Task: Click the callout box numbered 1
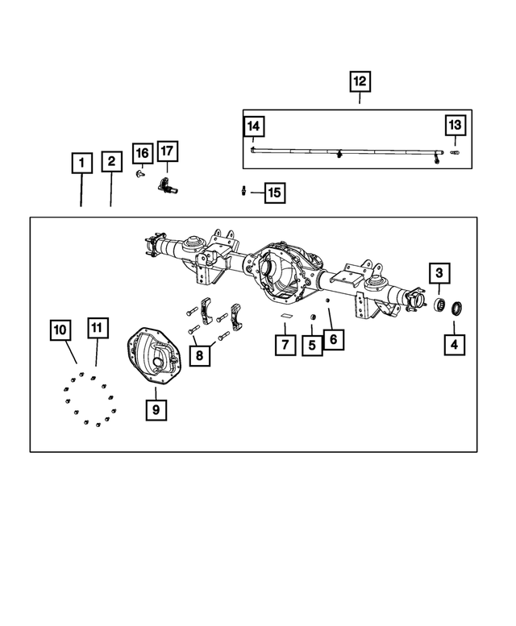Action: (x=82, y=163)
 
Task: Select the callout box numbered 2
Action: (x=111, y=161)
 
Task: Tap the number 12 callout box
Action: (x=360, y=81)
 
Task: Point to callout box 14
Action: (x=254, y=126)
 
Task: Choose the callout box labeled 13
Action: (x=456, y=126)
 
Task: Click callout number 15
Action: (x=275, y=193)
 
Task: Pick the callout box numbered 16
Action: (x=143, y=153)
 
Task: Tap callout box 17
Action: (x=168, y=151)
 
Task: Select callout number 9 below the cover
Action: (x=156, y=409)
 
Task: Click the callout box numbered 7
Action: (x=285, y=345)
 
